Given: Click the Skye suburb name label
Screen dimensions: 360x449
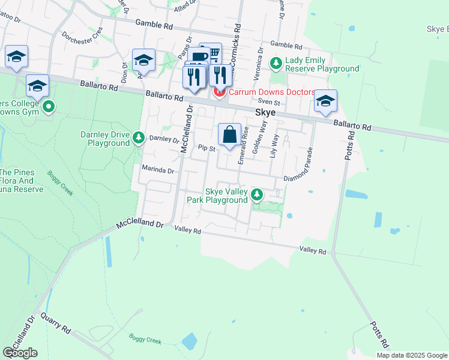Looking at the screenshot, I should point(265,112).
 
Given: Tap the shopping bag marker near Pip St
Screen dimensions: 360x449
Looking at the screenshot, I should point(230,135).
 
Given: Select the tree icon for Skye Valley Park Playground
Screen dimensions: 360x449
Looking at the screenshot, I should point(257,194).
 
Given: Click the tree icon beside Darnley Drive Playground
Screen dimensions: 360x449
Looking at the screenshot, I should point(139,138).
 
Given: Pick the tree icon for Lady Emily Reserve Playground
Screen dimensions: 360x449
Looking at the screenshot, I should point(276,62).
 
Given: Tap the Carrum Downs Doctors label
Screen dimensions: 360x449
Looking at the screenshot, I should point(271,92).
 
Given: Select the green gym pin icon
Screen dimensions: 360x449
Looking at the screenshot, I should point(49,107).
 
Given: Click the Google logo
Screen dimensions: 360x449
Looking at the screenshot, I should point(20,353).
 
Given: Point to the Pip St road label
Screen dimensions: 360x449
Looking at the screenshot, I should point(206,148).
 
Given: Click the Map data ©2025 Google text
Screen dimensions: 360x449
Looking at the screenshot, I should point(411,355).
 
